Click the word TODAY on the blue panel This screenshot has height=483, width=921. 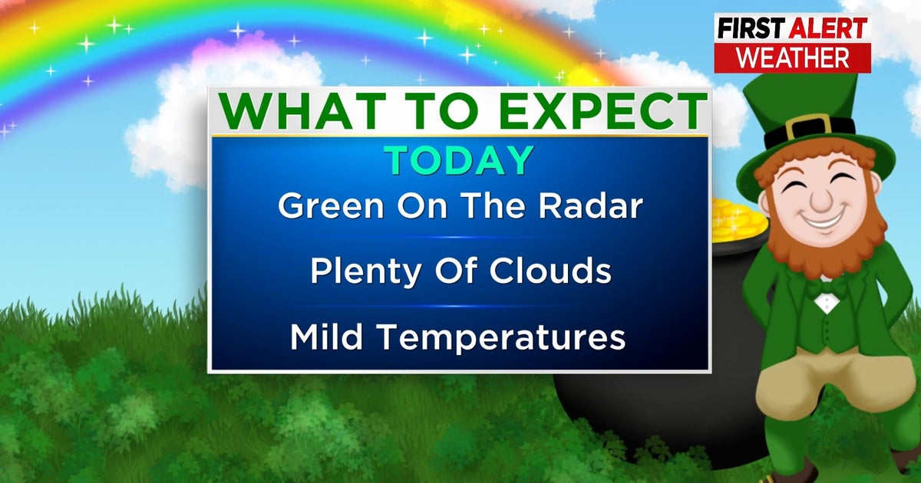[459, 160]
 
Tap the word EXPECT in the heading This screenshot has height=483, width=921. [606, 111]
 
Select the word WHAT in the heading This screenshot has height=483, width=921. [303, 111]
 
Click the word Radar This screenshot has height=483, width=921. [591, 205]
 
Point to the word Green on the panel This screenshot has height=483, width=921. [331, 205]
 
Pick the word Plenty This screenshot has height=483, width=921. [366, 272]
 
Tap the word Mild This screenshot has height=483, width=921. [326, 336]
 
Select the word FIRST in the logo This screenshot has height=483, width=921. [751, 29]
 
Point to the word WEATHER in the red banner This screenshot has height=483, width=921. [793, 58]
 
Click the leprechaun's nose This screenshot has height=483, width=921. [820, 199]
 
